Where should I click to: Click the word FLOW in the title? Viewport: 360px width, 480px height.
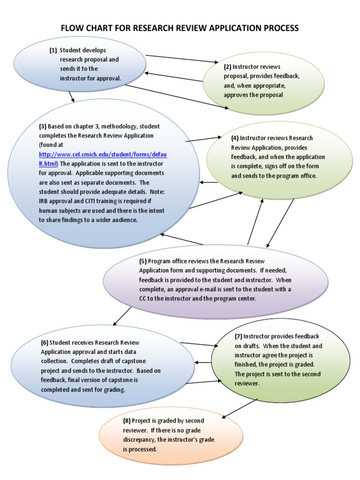pyautogui.click(x=72, y=28)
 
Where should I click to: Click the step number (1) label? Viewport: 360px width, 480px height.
pyautogui.click(x=53, y=50)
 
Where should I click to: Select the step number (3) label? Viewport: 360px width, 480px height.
pyautogui.click(x=43, y=127)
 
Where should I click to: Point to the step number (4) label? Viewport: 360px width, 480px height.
pyautogui.click(x=235, y=138)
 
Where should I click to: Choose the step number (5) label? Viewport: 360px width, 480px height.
pyautogui.click(x=142, y=261)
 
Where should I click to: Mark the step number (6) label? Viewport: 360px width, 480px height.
pyautogui.click(x=45, y=343)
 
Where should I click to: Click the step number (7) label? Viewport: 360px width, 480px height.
pyautogui.click(x=238, y=337)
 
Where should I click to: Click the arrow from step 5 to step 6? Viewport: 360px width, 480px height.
pyautogui.click(x=123, y=316)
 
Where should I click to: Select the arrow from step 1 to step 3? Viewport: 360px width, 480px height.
pyautogui.click(x=71, y=97)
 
